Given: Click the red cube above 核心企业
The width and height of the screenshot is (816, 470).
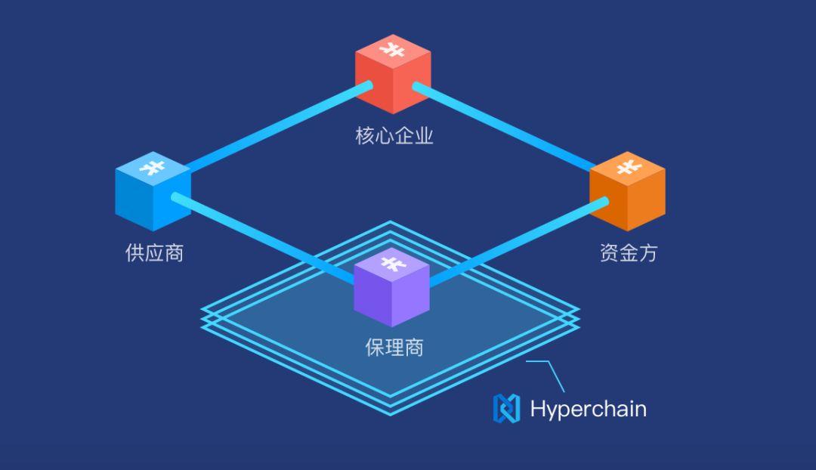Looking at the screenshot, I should (393, 76).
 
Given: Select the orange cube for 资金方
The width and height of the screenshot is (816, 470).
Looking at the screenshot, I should (627, 193).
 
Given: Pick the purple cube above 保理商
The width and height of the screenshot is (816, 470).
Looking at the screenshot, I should (391, 287).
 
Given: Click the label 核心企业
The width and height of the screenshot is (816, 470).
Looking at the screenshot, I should (394, 136).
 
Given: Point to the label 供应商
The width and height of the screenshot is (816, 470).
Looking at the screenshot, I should (154, 252).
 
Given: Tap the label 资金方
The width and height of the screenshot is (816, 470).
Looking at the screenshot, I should (628, 252).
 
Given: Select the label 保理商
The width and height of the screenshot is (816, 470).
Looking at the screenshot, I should (394, 347).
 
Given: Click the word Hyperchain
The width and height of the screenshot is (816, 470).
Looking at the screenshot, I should (588, 409).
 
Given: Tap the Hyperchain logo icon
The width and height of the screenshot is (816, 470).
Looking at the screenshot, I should (506, 408).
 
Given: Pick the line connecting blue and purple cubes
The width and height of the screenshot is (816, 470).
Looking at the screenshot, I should (264, 237).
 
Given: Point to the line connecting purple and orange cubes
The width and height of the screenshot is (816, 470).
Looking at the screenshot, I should (518, 242).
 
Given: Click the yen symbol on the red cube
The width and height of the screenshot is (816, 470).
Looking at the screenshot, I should (392, 50).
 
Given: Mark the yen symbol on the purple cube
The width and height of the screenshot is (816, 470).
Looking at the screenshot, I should (391, 264).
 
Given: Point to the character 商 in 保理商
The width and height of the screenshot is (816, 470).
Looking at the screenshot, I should (413, 347).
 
